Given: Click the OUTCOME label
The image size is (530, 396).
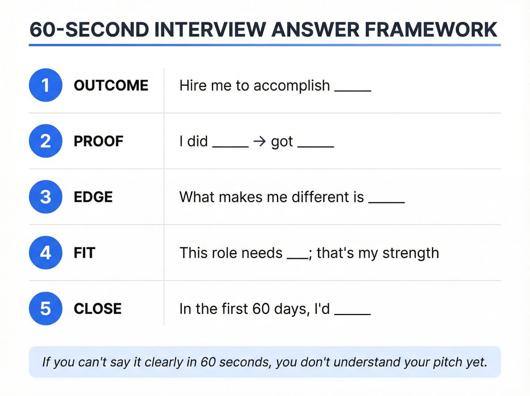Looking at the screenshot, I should tap(111, 85).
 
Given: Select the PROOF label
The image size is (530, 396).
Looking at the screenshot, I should tap(98, 141).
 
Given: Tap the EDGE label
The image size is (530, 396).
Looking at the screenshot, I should tap(93, 197).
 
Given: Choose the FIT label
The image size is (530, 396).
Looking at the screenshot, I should tap(84, 253).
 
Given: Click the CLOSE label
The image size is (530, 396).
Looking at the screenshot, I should tap(98, 309).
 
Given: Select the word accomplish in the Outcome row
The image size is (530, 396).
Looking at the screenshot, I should tap(291, 86).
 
